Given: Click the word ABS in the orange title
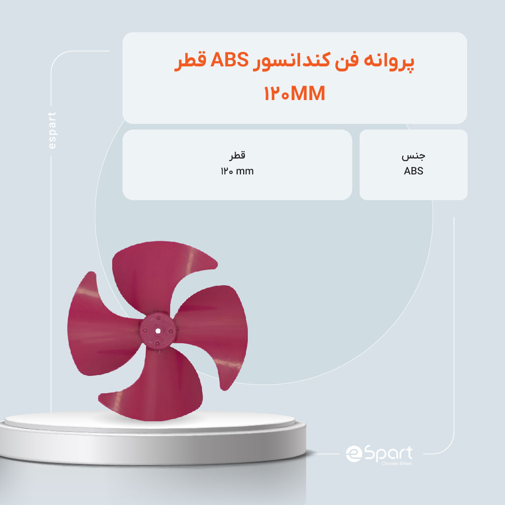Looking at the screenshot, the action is click(229, 60).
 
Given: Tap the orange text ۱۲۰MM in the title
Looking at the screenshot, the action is click(295, 93).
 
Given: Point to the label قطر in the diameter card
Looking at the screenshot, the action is click(238, 156).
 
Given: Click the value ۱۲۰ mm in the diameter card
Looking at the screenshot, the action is click(238, 171).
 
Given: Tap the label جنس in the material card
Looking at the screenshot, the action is click(413, 156).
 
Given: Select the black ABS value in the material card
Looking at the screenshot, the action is click(413, 171).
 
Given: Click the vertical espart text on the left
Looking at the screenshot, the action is click(51, 130).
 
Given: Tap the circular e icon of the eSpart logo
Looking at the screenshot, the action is click(354, 454).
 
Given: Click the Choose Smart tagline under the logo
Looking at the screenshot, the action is click(397, 463).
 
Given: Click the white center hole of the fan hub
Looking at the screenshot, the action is click(158, 331).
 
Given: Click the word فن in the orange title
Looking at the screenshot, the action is click(346, 60).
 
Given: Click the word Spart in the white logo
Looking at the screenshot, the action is click(389, 454).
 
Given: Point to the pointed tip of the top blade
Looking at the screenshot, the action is click(217, 265).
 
